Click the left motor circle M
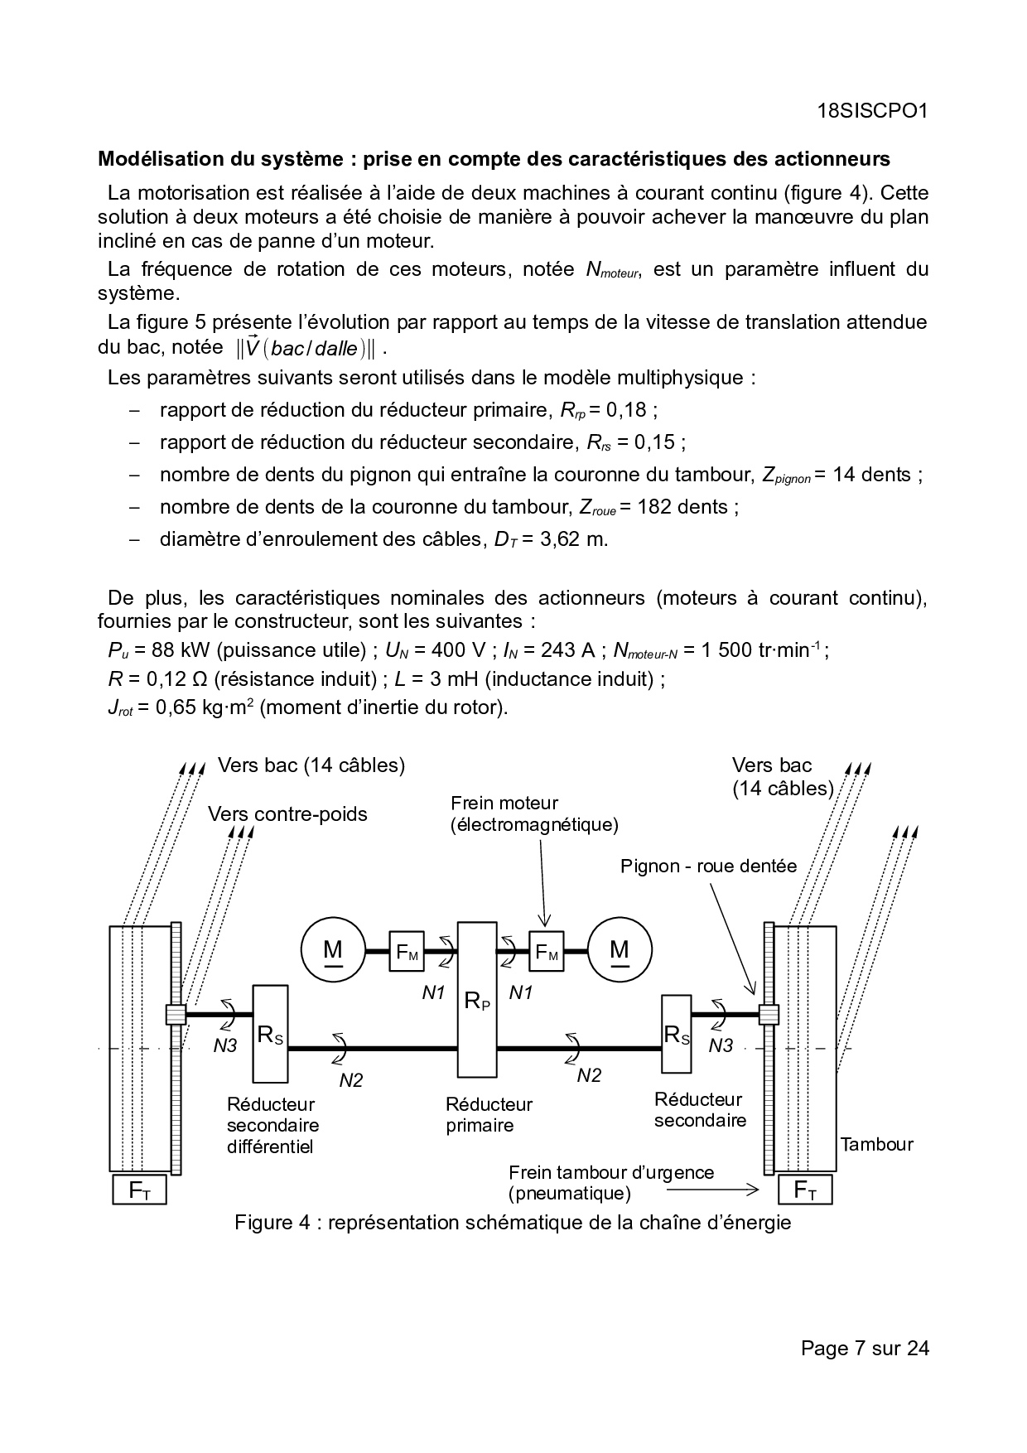click(x=333, y=949)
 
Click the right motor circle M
click(x=620, y=949)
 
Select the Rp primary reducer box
click(x=477, y=999)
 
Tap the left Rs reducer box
click(x=270, y=1033)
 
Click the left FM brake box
click(x=406, y=952)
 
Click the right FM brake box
click(x=546, y=952)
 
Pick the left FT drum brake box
click(x=139, y=1190)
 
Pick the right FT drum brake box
click(x=805, y=1190)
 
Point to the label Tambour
click(x=876, y=1144)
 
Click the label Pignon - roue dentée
click(x=708, y=866)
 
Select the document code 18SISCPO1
click(x=870, y=112)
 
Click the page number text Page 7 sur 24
click(x=865, y=1349)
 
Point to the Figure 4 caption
click(x=513, y=1223)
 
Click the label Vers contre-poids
click(x=287, y=814)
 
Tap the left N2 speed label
click(x=351, y=1079)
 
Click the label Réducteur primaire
click(x=489, y=1114)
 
